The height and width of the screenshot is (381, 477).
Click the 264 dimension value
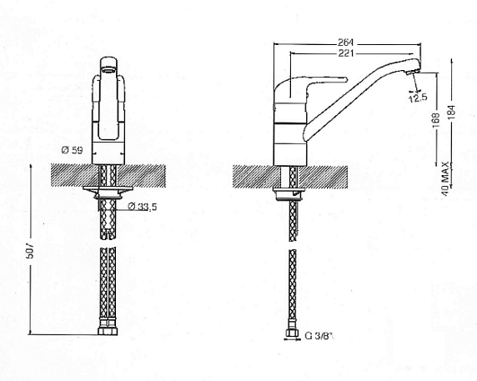pos(345,42)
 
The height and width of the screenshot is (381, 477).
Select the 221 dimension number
pos(346,53)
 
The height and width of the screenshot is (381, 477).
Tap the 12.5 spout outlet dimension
pos(418,98)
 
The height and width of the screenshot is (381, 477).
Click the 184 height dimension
pos(452,113)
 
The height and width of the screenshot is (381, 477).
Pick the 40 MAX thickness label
pos(445,179)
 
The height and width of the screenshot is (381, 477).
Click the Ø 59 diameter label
pos(72,150)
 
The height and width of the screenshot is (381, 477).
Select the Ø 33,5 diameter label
pos(143,207)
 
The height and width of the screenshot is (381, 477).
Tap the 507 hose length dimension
pos(30,250)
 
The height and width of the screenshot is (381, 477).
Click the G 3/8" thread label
pos(319,336)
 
